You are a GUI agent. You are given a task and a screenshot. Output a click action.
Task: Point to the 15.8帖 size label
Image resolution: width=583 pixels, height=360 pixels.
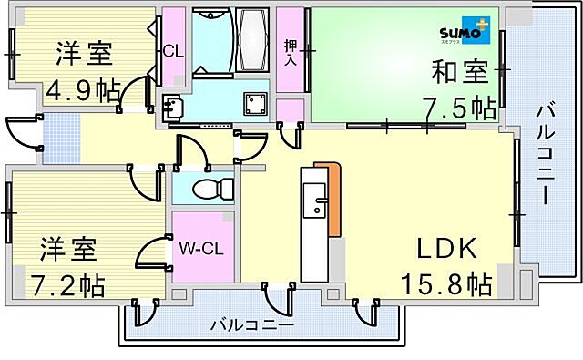[447, 283]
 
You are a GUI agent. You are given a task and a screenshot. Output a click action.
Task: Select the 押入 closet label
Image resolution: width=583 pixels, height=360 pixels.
[290, 52]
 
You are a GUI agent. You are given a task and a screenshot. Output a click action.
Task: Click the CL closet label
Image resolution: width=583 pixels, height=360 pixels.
[173, 51]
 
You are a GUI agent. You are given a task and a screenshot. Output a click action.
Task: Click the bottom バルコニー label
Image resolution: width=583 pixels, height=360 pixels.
[251, 324]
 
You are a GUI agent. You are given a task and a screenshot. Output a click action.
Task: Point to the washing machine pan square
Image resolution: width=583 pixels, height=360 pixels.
[251, 104]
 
